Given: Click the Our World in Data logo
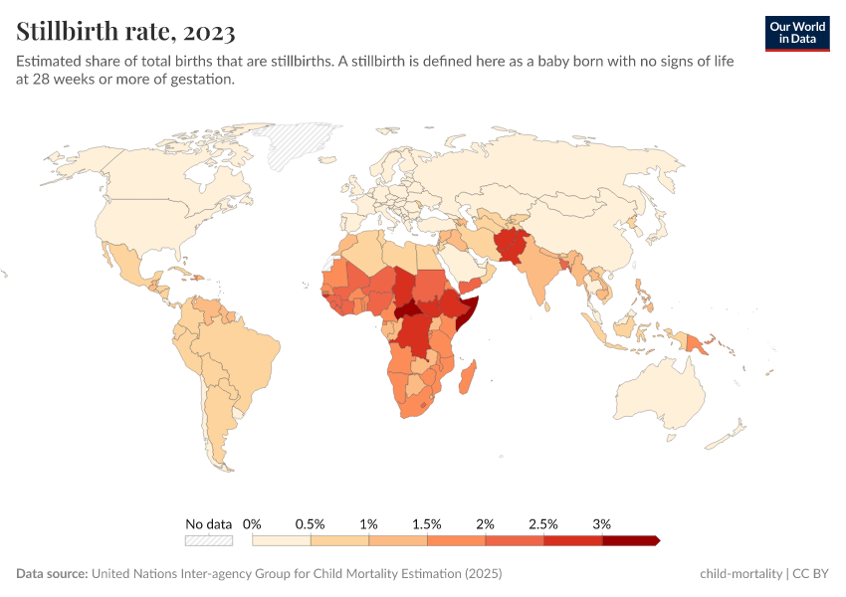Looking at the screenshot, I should pos(797,33).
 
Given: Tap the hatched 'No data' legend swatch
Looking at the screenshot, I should pos(209,540).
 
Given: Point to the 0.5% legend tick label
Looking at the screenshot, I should pos(311,523).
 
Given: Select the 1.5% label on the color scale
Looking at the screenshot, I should pos(427,523).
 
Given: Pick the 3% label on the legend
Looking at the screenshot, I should pos(601,523).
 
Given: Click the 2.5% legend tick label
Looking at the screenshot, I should pos(543,523).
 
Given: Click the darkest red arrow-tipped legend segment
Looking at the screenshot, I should pos(630,540).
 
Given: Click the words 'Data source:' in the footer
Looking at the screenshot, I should pos(52,574).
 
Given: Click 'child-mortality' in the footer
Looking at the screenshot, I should pos(741,574).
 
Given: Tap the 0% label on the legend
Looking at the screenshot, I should pos(252,523).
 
